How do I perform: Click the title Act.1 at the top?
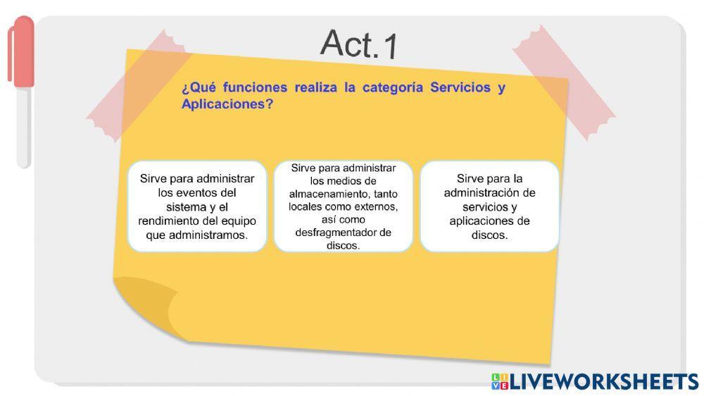(x=359, y=44)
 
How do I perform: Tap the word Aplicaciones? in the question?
(x=227, y=104)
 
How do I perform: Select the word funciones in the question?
(x=255, y=87)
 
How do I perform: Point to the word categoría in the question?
(x=393, y=87)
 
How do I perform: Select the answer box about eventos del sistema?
(x=197, y=206)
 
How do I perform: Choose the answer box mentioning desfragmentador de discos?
(x=343, y=206)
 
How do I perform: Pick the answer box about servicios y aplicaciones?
(x=489, y=206)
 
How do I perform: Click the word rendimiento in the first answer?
(x=170, y=221)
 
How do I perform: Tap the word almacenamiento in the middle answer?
(x=327, y=194)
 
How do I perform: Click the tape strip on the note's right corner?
(x=563, y=82)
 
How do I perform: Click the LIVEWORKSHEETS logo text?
(x=604, y=381)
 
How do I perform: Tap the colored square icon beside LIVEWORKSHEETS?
(x=499, y=381)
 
